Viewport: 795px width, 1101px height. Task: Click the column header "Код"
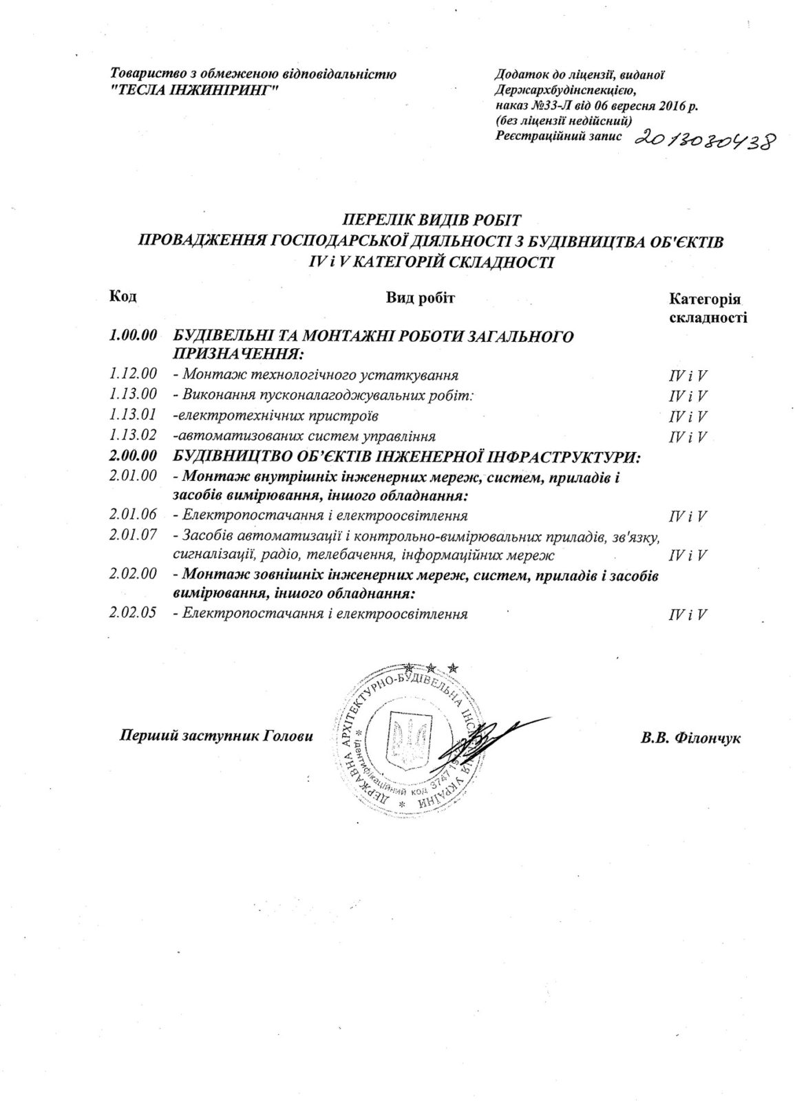[123, 297]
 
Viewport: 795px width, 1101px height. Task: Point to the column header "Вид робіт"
[421, 297]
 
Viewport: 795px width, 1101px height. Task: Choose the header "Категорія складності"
[707, 308]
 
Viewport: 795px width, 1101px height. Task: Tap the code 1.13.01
[133, 415]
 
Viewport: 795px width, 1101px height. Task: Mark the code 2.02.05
[133, 613]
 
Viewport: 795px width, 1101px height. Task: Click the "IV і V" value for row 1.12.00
[688, 376]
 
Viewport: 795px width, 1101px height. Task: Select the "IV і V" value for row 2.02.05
[688, 614]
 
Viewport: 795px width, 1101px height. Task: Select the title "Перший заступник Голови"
[216, 735]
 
